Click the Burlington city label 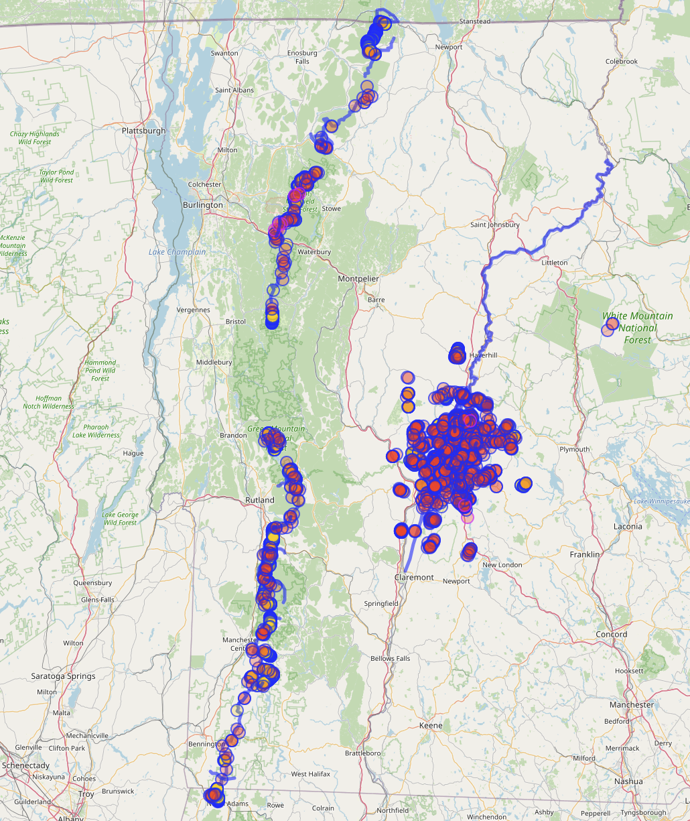click(202, 204)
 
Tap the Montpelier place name click(358, 278)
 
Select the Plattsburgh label click(144, 131)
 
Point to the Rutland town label click(259, 500)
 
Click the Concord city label click(612, 634)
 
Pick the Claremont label click(414, 577)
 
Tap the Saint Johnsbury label click(494, 225)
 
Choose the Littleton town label click(554, 263)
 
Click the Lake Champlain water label click(178, 252)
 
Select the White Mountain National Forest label click(637, 328)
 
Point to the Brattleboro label click(362, 753)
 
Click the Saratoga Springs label click(63, 676)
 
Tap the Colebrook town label click(621, 61)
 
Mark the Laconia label click(628, 526)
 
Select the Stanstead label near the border click(474, 21)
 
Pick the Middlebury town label click(214, 362)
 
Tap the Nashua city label click(628, 781)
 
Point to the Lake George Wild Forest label click(120, 518)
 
